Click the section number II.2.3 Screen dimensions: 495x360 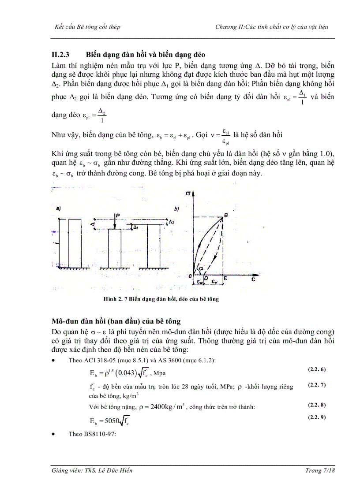pos(61,55)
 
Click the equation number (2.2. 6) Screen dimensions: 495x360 pos(317,368)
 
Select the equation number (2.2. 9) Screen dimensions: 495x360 pos(317,417)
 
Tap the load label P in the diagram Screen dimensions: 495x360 pos(117,216)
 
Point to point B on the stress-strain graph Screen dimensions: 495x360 pos(226,214)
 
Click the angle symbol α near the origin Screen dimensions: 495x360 pos(201,268)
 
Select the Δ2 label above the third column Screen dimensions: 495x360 pos(172,223)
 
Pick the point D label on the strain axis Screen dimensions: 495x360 pos(207,277)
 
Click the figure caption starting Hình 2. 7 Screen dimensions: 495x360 pos(161,299)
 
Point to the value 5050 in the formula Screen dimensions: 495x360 pos(110,420)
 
